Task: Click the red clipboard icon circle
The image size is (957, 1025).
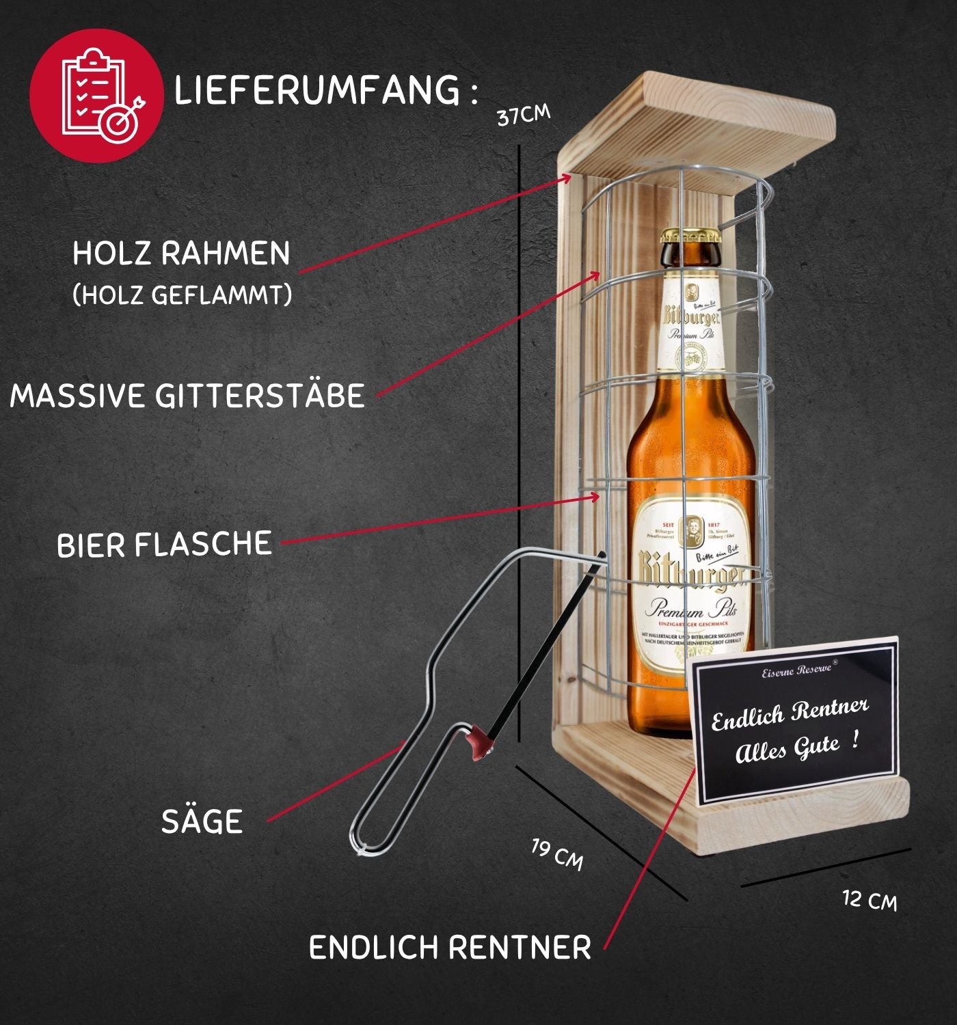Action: coord(96,96)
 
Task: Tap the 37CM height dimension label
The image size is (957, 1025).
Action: coord(523,115)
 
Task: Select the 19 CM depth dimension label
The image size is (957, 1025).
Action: coord(558,855)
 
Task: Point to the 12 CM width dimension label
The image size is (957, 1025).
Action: coord(869,899)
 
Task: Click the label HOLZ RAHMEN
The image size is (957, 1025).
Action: coord(181,254)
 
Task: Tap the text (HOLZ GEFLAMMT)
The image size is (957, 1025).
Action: coord(182,295)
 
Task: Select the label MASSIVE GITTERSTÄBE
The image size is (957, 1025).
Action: coord(187,396)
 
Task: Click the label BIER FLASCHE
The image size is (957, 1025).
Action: coord(164,545)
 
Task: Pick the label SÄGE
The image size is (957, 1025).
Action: coord(202,821)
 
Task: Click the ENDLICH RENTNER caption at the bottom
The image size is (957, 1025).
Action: coord(450,948)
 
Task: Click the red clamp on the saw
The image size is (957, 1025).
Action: coord(479,742)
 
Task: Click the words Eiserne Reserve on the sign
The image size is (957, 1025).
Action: coord(796,670)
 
